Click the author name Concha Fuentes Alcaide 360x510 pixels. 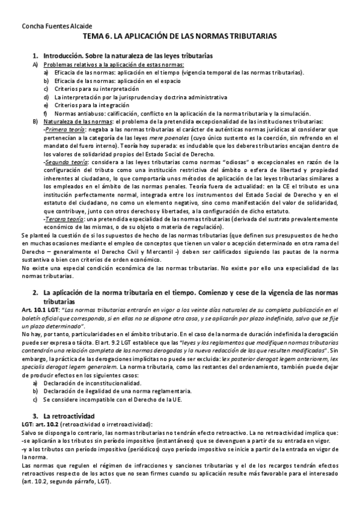coord(49,26)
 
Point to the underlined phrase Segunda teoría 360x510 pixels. coord(66,162)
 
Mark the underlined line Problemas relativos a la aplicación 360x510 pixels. coord(114,64)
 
